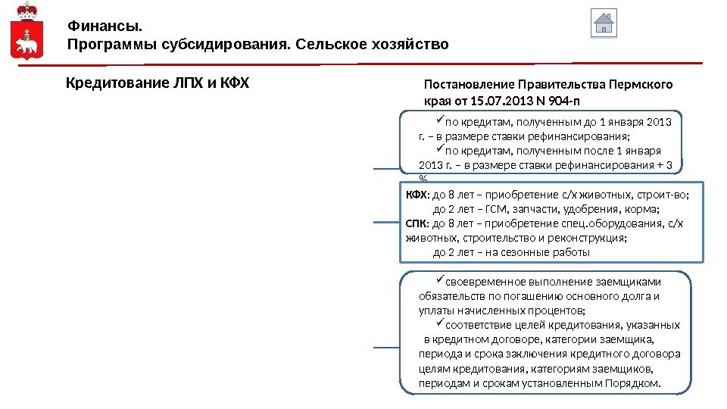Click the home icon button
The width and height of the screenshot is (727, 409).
pos(603,23)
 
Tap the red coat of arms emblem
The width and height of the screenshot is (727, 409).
pos(27,31)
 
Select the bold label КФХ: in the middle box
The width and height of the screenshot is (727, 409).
pos(417,195)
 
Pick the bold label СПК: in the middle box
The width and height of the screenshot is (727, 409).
pos(417,223)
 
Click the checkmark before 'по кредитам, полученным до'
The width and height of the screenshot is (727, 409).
pos(439,121)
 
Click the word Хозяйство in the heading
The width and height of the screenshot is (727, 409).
pos(410,45)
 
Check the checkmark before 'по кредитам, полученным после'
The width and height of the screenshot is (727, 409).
pos(439,150)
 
